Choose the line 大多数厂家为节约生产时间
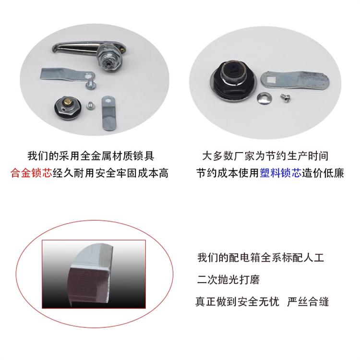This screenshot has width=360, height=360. point(265,156)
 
